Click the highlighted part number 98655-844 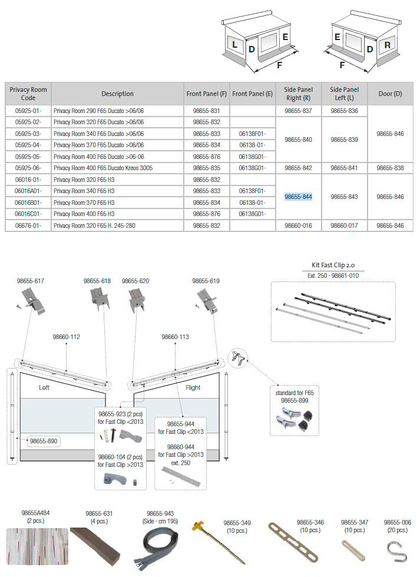click(298, 197)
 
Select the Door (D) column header click(390, 94)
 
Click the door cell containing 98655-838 click(390, 168)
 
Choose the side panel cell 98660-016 click(298, 226)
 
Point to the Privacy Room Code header click(28, 94)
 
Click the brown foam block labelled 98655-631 click(96, 545)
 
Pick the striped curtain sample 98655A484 click(37, 546)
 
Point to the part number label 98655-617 click(31, 281)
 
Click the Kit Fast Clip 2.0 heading click(333, 265)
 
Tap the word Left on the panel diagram click(44, 387)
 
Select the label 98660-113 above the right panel click(175, 337)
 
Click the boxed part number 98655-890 click(44, 440)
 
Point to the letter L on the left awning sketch click(234, 44)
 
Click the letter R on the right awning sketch click(387, 45)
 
